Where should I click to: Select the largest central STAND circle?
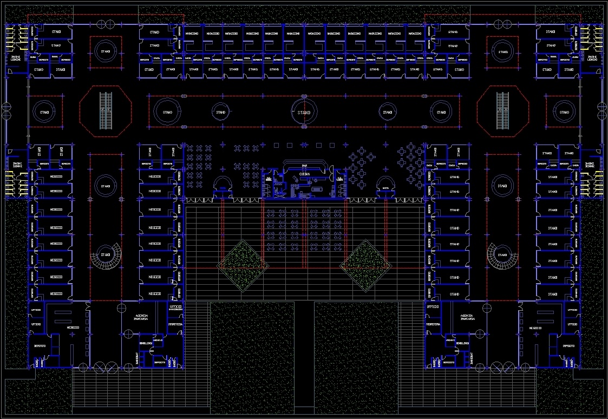point(304,112)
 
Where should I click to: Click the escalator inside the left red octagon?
point(106,110)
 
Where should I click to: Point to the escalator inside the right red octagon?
point(503,110)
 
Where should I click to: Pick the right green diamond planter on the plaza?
point(365,263)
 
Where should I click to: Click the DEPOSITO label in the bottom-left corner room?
point(39,345)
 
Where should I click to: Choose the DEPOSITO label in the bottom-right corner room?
point(568,345)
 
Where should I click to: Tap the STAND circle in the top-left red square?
point(105,51)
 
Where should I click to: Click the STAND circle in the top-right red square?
point(503,52)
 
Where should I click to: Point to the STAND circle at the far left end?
point(44,113)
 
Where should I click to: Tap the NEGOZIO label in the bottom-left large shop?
point(73,328)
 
